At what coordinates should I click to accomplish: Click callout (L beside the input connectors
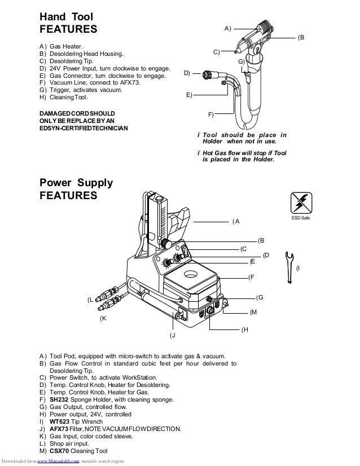90,300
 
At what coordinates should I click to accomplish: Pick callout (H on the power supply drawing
244,329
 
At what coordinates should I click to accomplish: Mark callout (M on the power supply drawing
253,312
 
